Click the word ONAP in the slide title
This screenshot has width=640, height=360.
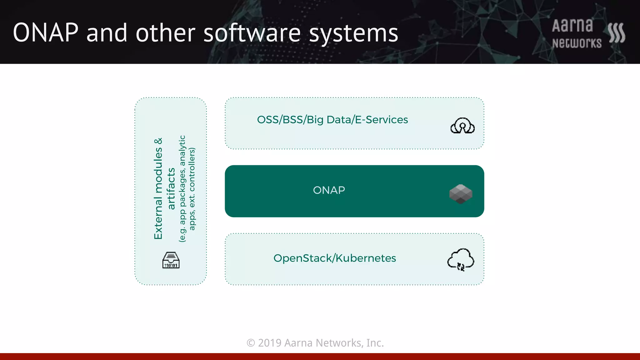coord(46,33)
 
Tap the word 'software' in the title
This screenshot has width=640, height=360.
coord(252,33)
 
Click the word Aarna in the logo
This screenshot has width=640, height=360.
coord(572,26)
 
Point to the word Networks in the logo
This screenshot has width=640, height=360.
coord(577,43)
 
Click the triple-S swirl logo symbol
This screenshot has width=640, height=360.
coord(616,33)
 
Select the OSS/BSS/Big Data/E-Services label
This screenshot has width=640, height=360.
coord(332,120)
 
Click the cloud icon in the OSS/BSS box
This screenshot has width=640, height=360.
coord(462,126)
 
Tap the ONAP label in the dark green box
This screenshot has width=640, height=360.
coord(329,190)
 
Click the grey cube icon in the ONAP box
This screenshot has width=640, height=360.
coord(461,194)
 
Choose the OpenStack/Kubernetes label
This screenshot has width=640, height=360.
coord(334,258)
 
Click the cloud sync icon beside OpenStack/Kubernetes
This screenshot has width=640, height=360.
coord(461,260)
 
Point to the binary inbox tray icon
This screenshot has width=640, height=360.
coord(171,260)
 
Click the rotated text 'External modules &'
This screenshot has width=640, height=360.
coord(158,188)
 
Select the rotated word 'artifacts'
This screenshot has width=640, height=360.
coord(171,188)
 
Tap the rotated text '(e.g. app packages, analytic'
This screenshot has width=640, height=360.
coord(182,188)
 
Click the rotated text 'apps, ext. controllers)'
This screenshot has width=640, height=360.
coord(192,189)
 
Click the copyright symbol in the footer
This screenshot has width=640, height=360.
coord(251,343)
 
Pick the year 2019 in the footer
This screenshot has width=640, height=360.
coord(270,343)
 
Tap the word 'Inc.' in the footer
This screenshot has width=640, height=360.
coord(375,343)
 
